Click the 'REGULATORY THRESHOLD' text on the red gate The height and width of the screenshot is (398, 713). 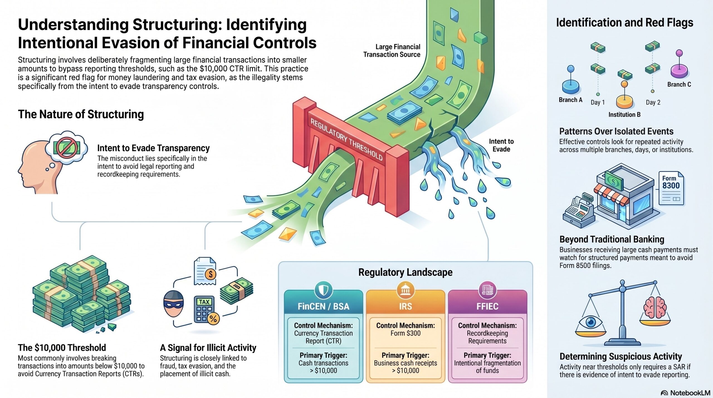pyautogui.click(x=346, y=139)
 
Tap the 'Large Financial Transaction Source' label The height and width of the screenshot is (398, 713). pyautogui.click(x=392, y=51)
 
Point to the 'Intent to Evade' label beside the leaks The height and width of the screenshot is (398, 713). pyautogui.click(x=501, y=145)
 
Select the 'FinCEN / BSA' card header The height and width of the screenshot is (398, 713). pyautogui.click(x=323, y=306)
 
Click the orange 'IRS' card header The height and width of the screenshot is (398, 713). pyautogui.click(x=405, y=306)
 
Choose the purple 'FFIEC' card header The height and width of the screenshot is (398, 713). pyautogui.click(x=487, y=306)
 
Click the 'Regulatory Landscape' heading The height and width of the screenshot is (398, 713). pyautogui.click(x=405, y=272)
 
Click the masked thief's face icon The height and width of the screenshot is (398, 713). pyautogui.click(x=174, y=304)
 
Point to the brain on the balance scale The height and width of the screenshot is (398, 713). pyautogui.click(x=655, y=307)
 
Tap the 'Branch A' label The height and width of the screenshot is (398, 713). pyautogui.click(x=570, y=100)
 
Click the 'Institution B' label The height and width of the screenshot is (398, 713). pyautogui.click(x=624, y=114)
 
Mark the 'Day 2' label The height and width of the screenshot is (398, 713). pyautogui.click(x=653, y=102)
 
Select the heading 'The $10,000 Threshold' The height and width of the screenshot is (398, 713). pyautogui.click(x=62, y=348)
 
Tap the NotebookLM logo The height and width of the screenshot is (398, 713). pyautogui.click(x=685, y=393)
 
